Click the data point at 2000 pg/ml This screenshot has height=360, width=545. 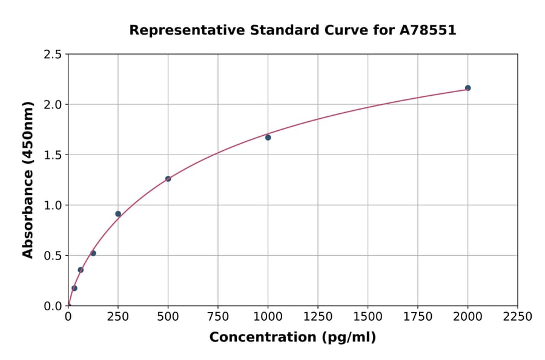(467, 88)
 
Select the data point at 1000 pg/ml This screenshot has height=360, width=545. (268, 138)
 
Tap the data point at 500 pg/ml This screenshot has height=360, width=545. (168, 179)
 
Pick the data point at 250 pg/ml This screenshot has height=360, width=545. (118, 214)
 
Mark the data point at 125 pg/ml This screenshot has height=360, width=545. (93, 253)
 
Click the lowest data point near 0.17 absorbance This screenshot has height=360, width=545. (74, 288)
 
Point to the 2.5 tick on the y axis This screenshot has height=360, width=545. (53, 55)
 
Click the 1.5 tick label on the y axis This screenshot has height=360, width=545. (53, 155)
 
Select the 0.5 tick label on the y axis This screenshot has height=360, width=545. (53, 256)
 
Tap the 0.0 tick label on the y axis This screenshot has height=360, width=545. (53, 306)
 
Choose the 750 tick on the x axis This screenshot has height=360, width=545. (218, 317)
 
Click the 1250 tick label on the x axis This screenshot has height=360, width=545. (318, 317)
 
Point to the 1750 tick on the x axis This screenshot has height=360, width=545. (418, 317)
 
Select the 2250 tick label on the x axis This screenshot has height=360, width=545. (518, 317)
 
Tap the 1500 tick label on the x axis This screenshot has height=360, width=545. (368, 317)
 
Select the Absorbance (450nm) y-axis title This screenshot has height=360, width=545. (28, 180)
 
